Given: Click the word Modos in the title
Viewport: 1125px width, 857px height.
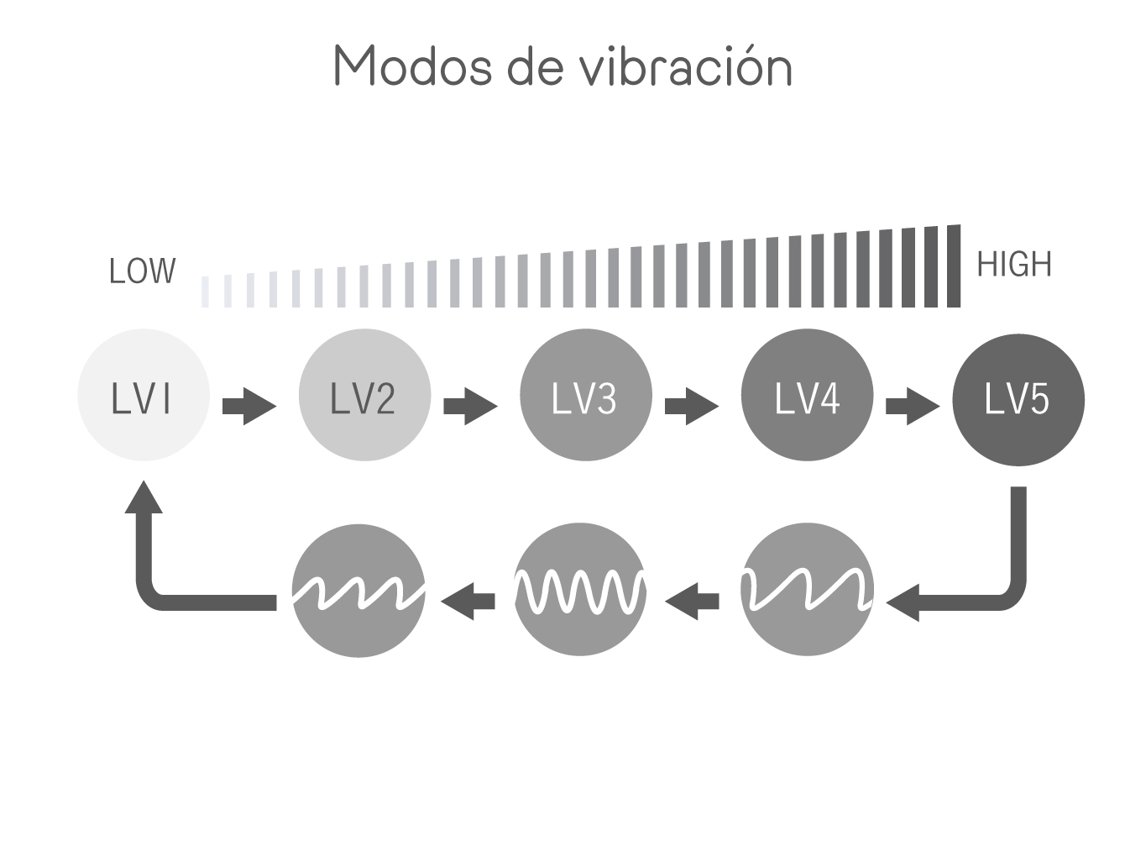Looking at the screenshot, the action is tap(413, 66).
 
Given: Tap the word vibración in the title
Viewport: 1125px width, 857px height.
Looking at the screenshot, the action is tap(686, 66).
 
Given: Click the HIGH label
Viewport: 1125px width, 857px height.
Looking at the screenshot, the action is tap(1014, 264).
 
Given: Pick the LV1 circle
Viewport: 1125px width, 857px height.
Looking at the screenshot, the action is tap(144, 394).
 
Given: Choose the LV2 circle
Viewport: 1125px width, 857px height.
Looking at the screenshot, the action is tap(364, 394).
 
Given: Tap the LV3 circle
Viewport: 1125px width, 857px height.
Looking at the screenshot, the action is tap(586, 394).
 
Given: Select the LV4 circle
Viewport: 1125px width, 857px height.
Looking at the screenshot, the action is tap(807, 394).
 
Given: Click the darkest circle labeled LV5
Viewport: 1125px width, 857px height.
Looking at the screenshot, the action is tap(1018, 400).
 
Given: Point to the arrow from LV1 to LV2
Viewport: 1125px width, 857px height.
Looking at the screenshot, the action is tap(249, 406).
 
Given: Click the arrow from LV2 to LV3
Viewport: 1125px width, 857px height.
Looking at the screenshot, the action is tap(470, 406).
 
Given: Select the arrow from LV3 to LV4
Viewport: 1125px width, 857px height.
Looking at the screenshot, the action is tap(692, 406).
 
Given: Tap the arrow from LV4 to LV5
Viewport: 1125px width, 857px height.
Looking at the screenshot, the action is tap(913, 406).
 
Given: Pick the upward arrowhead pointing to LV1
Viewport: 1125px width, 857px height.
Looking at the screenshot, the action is tap(144, 497).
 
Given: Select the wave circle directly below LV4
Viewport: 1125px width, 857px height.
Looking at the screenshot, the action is tap(807, 589).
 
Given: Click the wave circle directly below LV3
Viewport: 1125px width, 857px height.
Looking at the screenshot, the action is tap(579, 589).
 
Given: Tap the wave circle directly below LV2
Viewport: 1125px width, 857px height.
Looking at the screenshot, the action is tap(358, 590).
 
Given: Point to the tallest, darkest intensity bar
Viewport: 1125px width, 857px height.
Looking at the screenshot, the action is tap(953, 266).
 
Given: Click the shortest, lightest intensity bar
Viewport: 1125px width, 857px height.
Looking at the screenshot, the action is tap(205, 292).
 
